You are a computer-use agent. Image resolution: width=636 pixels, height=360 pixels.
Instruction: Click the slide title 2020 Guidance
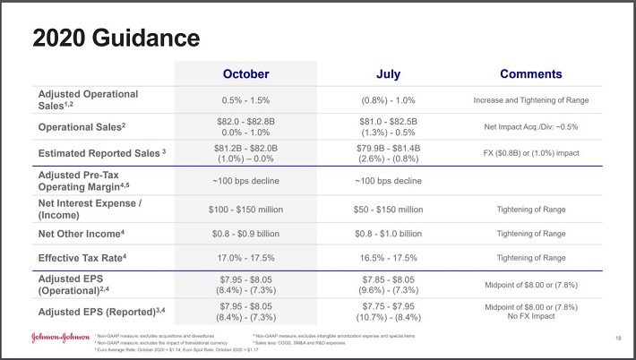click(115, 39)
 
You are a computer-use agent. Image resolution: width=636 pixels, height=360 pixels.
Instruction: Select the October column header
click(245, 73)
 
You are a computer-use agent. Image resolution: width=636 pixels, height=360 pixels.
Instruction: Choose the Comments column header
click(531, 73)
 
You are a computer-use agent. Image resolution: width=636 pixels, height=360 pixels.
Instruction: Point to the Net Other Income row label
click(82, 233)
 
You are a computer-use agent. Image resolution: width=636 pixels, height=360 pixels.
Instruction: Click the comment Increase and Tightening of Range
click(531, 99)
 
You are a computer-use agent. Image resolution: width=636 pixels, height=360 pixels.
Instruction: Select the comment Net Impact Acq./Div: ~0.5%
click(531, 126)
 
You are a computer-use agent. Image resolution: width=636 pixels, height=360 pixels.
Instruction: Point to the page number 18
click(618, 338)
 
